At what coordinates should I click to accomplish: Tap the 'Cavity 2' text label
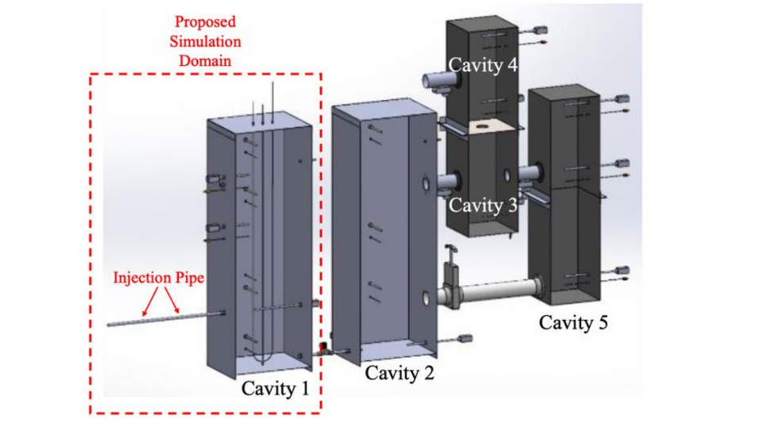pos(400,372)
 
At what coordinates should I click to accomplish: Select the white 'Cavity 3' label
pos(482,206)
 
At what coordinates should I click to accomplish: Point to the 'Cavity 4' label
pos(483,65)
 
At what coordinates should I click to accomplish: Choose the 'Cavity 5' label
pos(574,322)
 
